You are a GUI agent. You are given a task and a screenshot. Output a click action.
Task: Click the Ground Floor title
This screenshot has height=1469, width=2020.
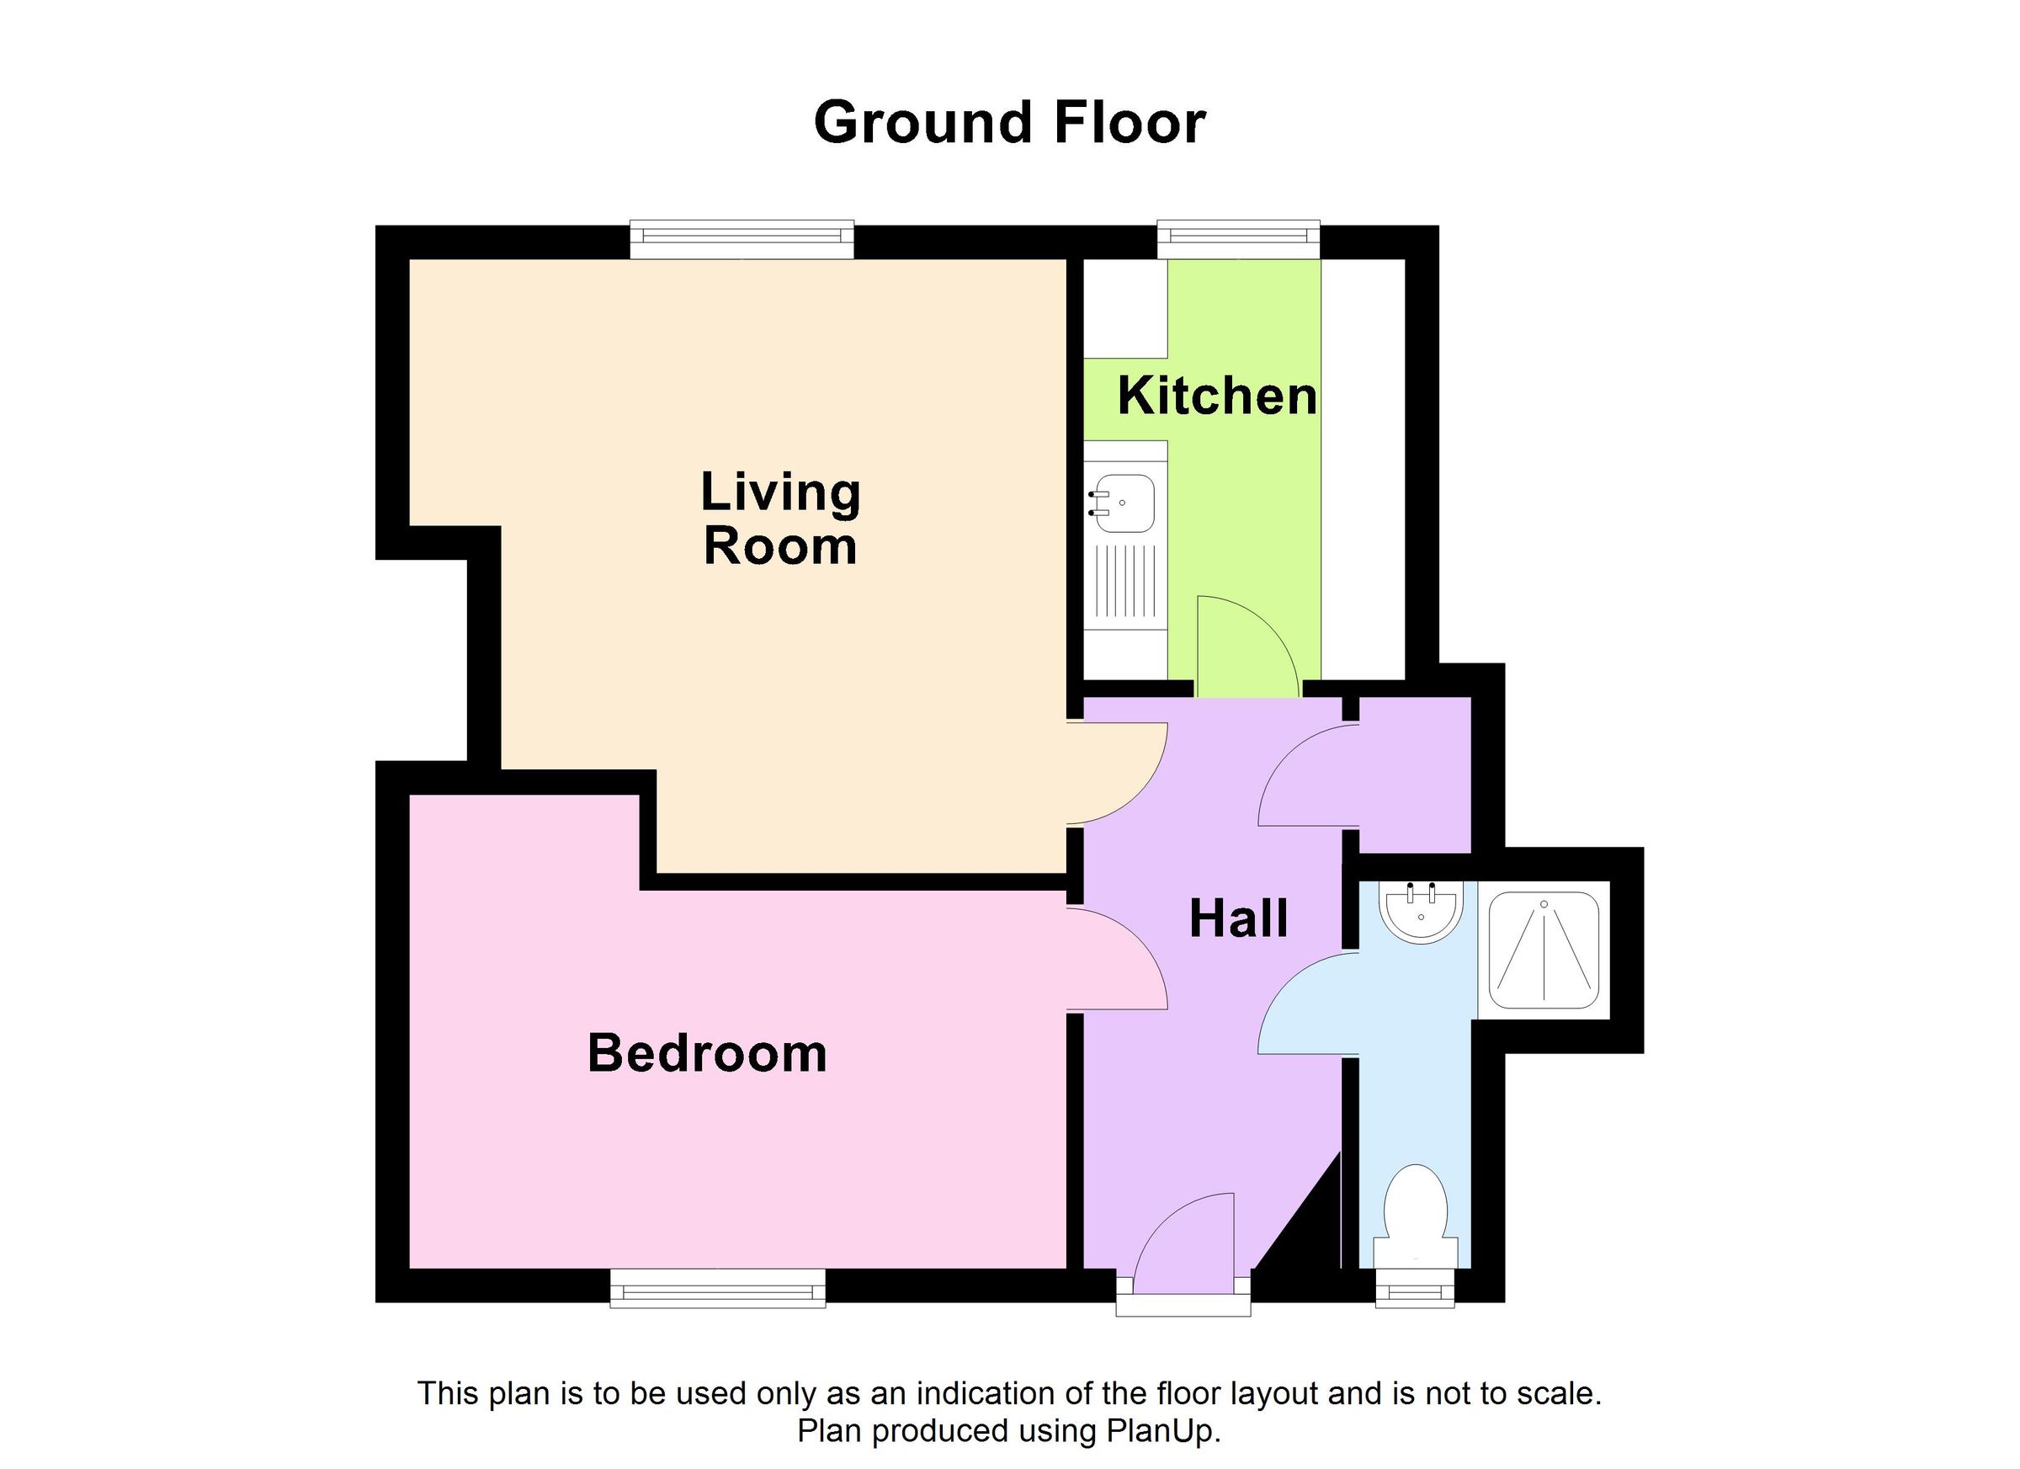pyautogui.click(x=1009, y=123)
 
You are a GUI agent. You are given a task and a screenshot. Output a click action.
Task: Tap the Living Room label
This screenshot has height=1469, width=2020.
pyautogui.click(x=780, y=519)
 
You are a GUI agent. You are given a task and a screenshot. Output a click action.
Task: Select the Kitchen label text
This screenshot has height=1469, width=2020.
pyautogui.click(x=1217, y=396)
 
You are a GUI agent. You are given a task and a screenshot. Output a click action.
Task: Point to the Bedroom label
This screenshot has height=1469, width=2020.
pyautogui.click(x=707, y=1053)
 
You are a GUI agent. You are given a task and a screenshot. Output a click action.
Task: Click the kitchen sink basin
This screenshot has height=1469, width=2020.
pyautogui.click(x=1124, y=503)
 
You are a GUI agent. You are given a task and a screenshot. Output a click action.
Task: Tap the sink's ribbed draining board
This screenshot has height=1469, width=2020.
pyautogui.click(x=1126, y=582)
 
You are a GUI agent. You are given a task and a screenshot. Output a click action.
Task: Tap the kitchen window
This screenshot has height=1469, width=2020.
pyautogui.click(x=1238, y=237)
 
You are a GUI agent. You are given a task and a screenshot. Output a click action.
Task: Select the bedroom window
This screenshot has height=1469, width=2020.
pyautogui.click(x=717, y=1290)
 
